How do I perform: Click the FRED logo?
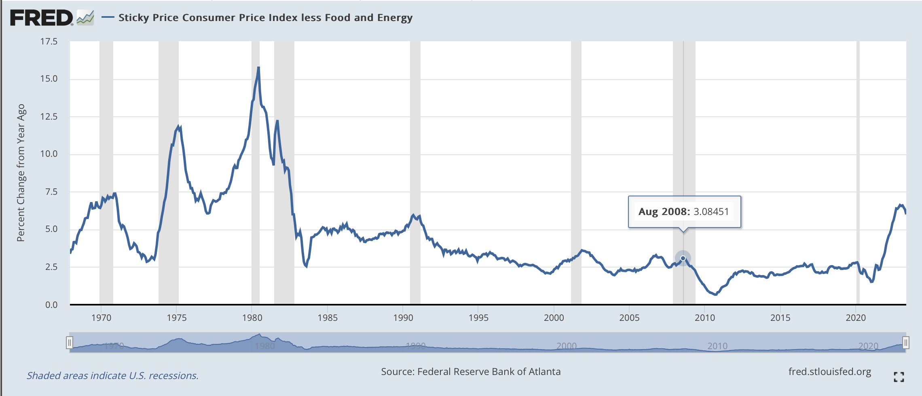point(42,18)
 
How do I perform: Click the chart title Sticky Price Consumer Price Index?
point(265,18)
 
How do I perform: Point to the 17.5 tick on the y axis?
point(49,42)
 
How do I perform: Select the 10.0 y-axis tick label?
point(49,154)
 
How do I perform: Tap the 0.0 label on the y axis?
point(51,305)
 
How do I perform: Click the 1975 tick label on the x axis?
point(177,318)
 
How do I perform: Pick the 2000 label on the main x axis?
point(554,318)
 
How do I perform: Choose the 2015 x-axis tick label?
point(780,318)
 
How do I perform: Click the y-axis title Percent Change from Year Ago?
point(21,173)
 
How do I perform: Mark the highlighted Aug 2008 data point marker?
point(683,258)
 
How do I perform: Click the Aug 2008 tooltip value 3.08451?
point(711,212)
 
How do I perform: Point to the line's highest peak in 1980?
point(258,68)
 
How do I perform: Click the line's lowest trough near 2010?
point(716,295)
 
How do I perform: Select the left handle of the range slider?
point(70,343)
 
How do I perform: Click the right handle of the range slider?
point(906,343)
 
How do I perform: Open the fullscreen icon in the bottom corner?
point(899,377)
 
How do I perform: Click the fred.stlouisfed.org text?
point(830,372)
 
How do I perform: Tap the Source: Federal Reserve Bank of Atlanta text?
point(471,372)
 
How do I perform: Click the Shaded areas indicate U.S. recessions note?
point(112,376)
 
